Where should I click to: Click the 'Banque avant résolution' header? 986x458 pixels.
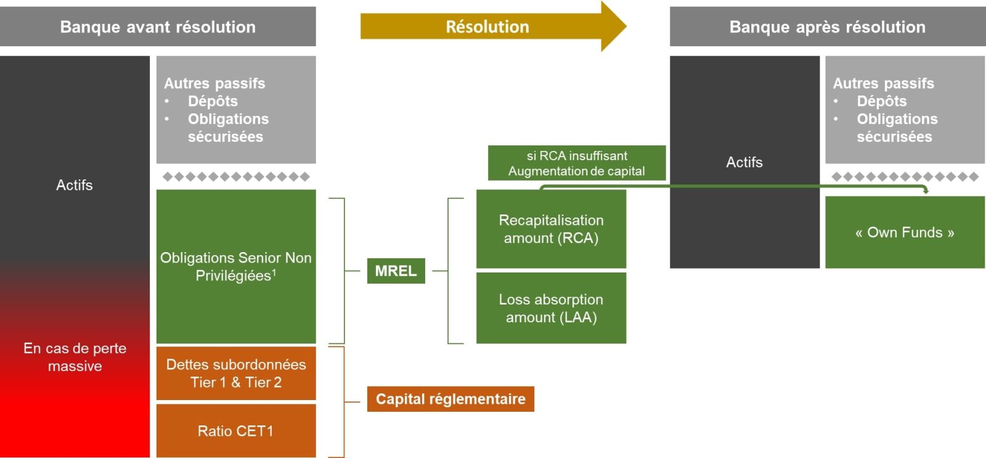[x=158, y=27]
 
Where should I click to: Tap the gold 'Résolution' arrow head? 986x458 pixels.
[x=614, y=27]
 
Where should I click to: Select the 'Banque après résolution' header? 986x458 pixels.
[x=827, y=27]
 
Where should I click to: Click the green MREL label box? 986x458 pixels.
[x=396, y=271]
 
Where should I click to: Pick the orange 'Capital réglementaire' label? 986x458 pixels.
[x=450, y=399]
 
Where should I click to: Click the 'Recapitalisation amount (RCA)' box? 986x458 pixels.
[x=551, y=229]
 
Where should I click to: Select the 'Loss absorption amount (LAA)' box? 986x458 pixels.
[x=551, y=308]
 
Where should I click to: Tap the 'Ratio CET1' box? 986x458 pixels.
[x=235, y=431]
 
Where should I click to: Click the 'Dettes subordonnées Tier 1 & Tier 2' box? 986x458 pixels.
[x=235, y=373]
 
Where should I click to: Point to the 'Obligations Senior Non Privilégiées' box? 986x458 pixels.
[x=235, y=266]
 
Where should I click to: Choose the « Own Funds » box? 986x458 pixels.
[x=904, y=232]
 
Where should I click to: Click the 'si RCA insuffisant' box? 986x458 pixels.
[x=576, y=163]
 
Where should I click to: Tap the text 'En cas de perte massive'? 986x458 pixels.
[x=75, y=357]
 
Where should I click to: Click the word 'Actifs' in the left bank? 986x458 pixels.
[x=75, y=185]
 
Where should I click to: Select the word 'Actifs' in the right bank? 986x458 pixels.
[x=744, y=162]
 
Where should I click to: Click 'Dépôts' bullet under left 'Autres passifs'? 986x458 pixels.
[x=213, y=101]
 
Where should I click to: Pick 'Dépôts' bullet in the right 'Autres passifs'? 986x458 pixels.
[x=881, y=101]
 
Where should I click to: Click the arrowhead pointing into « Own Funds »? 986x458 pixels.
[x=926, y=191]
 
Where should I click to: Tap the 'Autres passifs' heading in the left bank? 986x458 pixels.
[x=214, y=83]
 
